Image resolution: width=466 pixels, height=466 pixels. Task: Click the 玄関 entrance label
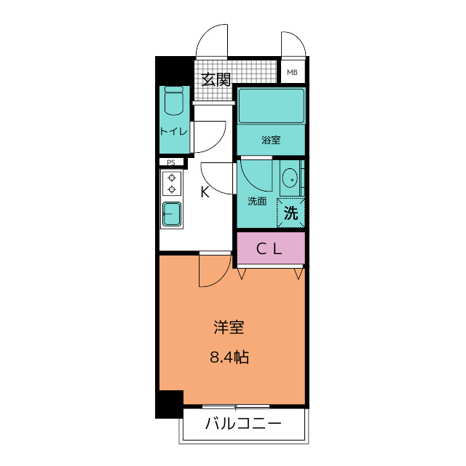click(216, 79)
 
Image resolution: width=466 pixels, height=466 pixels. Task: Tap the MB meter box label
click(292, 72)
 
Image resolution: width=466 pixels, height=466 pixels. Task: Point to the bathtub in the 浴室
click(271, 106)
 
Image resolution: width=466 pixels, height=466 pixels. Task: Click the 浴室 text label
click(271, 141)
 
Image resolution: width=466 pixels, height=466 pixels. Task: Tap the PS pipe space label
click(171, 162)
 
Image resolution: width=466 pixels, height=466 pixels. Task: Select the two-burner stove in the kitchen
click(173, 183)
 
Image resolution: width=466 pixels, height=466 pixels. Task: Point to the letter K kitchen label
click(205, 192)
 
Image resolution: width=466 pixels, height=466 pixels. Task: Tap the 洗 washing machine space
click(291, 214)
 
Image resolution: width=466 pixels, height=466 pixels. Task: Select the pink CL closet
click(270, 249)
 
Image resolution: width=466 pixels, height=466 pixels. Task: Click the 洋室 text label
click(228, 328)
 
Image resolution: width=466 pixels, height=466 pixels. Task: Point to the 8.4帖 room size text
click(228, 358)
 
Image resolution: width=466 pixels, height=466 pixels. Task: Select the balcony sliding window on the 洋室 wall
click(236, 406)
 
